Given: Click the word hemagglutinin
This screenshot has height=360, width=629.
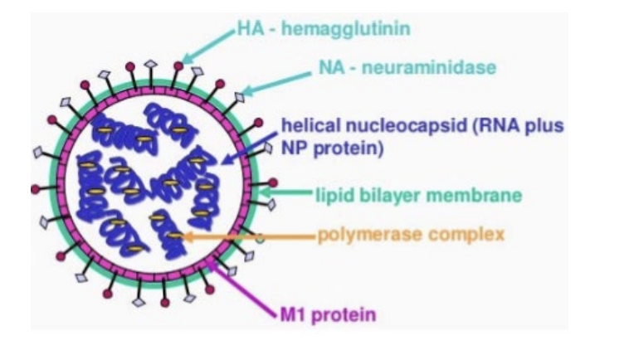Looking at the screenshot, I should point(359,30).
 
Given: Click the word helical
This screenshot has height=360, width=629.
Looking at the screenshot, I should point(305,125).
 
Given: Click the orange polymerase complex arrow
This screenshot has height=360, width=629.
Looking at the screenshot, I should point(249,236).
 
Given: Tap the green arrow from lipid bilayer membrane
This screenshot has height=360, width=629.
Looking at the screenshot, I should point(286,194).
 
